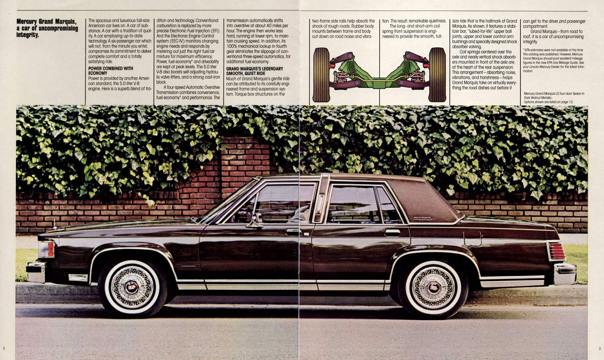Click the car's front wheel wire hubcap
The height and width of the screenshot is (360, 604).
pyautogui.click(x=131, y=287)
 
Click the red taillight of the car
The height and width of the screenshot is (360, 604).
pyautogui.click(x=557, y=251)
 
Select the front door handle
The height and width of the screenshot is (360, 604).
pyautogui.click(x=293, y=232)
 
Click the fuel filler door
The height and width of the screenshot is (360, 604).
pyautogui.click(x=473, y=238)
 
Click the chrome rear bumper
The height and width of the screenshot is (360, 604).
pyautogui.click(x=565, y=274)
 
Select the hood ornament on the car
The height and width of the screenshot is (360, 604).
pyautogui.click(x=55, y=224)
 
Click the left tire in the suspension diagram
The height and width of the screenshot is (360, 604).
pyautogui.click(x=321, y=75)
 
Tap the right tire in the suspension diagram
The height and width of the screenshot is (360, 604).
pyautogui.click(x=437, y=75)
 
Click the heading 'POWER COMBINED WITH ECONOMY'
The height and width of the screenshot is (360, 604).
pyautogui.click(x=111, y=71)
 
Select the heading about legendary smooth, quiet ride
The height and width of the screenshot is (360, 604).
pyautogui.click(x=255, y=71)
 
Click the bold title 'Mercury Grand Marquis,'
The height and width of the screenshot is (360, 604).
pyautogui.click(x=46, y=21)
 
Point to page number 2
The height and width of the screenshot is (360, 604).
pyautogui.click(x=4, y=348)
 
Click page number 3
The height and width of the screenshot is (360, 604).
pyautogui.click(x=599, y=348)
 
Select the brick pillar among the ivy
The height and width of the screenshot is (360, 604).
pyautogui.click(x=245, y=167)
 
